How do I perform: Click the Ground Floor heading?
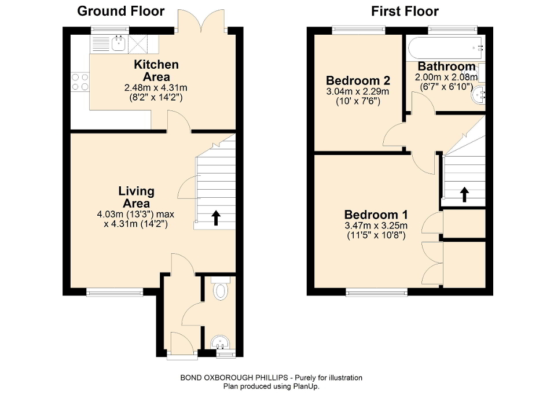[120, 11]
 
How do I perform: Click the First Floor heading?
[405, 11]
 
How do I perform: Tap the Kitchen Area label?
[156, 71]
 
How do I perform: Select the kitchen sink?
[119, 42]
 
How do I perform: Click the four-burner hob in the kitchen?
[80, 82]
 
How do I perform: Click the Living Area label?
[136, 197]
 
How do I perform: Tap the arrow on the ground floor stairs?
[216, 217]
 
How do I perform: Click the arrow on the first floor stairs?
[464, 194]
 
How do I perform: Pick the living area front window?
[115, 293]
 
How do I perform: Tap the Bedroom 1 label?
[371, 214]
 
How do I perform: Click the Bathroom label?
[446, 66]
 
